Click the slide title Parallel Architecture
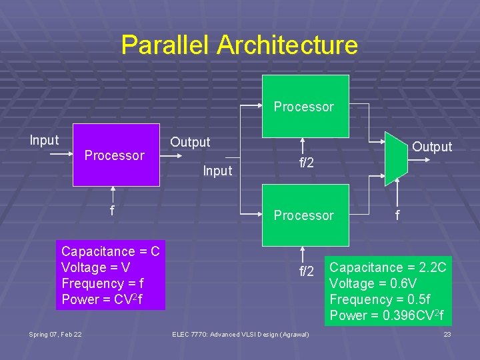pos(239,45)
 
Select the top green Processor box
pos(305,105)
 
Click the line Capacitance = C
pos(111,251)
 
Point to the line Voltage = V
pos(95,267)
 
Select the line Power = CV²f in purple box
pos(102,299)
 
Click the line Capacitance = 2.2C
pos(388,267)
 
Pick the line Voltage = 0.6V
pos(373,283)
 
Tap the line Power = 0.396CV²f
pos(387,315)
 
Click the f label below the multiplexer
pos(398,215)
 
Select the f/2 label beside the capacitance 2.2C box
pos(307,271)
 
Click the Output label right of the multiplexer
pos(432,147)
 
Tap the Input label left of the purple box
pos(44,140)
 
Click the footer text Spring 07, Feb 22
pos(55,333)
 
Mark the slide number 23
pos(447,333)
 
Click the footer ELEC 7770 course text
pos(240,333)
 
